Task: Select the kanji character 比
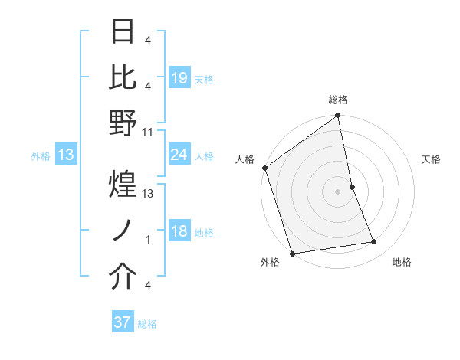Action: [123, 76]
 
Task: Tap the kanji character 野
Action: [123, 123]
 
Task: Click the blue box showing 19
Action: [179, 78]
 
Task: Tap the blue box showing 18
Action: [179, 232]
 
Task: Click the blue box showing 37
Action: [123, 322]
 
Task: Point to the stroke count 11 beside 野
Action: [148, 133]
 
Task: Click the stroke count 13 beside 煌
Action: [148, 194]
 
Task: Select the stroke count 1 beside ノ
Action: [148, 240]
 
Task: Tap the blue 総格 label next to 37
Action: [147, 324]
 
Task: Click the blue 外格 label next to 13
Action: [41, 156]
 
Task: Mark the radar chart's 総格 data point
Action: [337, 116]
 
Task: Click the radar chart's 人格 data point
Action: [264, 168]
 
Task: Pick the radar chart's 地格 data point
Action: [374, 242]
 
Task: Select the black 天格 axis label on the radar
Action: [432, 160]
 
